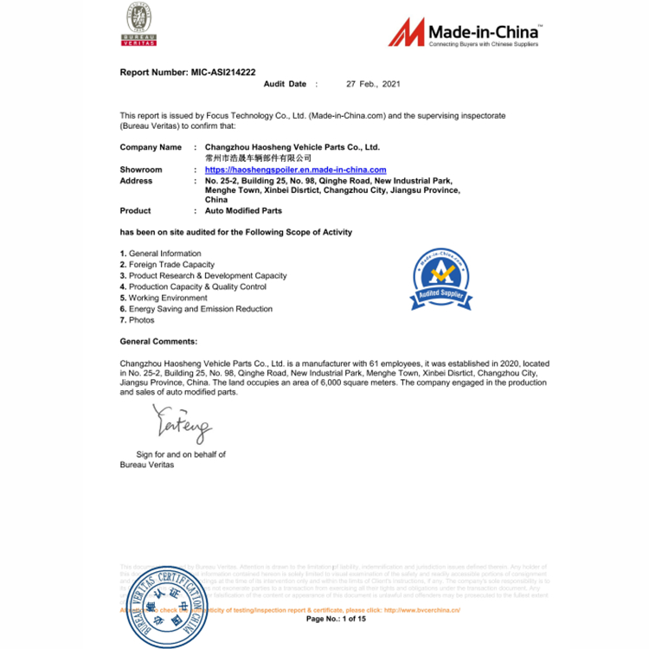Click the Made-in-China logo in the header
point(464,32)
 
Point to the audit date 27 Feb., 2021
point(373,84)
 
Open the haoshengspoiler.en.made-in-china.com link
point(295,170)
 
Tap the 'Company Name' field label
point(151,147)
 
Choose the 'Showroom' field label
point(141,170)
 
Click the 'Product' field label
point(135,210)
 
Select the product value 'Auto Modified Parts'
point(243,210)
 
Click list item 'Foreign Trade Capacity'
point(171,265)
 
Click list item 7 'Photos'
point(141,320)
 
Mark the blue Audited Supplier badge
point(440,279)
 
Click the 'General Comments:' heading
point(158,342)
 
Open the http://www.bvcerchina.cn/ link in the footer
point(421,609)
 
